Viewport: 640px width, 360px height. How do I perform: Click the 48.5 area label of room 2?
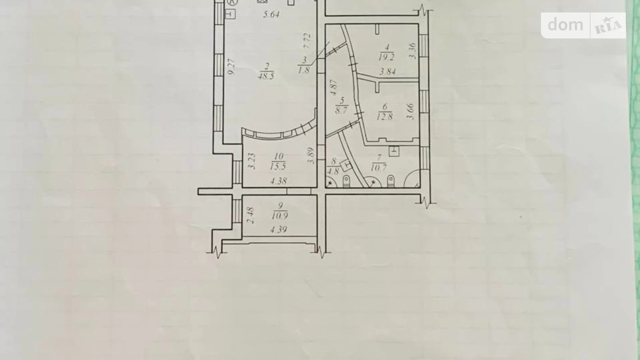[266, 76]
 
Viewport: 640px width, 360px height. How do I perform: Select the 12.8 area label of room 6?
[385, 117]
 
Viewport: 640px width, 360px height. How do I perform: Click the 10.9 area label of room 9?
[280, 216]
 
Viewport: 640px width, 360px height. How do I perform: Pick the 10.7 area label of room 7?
[378, 168]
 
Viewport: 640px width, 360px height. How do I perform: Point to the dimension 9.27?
[232, 66]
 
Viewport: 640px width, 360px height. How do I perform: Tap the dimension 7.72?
[307, 41]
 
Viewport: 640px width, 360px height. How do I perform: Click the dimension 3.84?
[387, 72]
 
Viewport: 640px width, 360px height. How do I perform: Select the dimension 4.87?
[333, 88]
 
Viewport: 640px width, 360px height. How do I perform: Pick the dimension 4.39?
[278, 229]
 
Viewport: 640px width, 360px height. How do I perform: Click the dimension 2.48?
[251, 215]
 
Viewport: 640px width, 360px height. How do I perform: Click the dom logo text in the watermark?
[566, 25]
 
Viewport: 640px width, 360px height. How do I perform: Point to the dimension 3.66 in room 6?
[411, 112]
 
